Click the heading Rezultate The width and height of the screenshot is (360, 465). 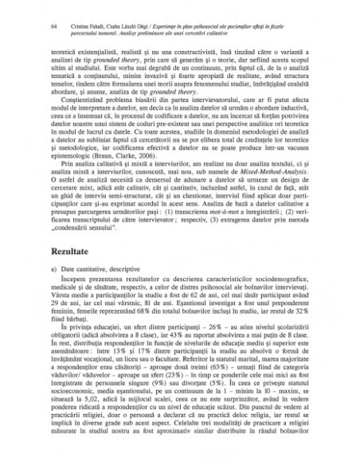(68, 249)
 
